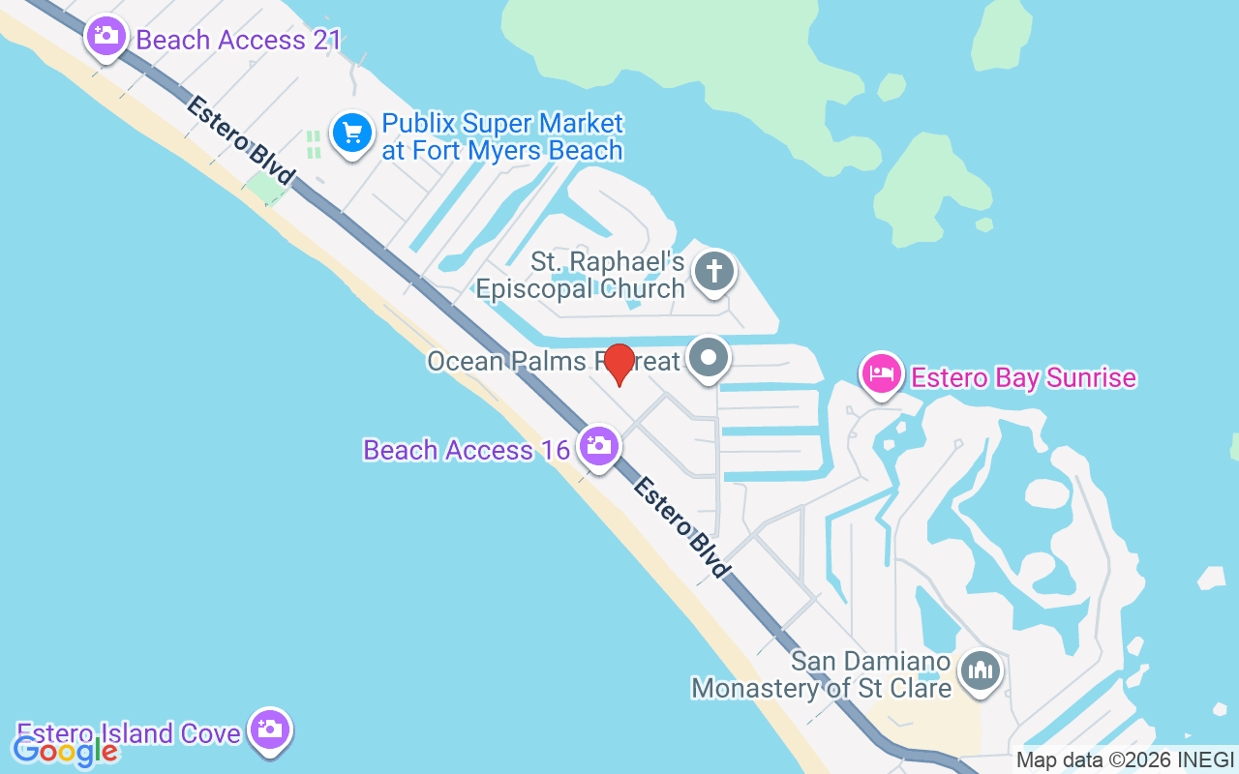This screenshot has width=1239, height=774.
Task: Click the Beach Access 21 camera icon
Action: [x=106, y=38]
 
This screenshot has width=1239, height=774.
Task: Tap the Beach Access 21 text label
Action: [x=238, y=40]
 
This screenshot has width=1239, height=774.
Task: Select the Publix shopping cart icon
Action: [x=352, y=133]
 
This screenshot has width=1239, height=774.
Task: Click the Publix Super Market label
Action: [x=502, y=137]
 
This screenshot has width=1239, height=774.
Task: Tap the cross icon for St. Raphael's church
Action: [x=714, y=271]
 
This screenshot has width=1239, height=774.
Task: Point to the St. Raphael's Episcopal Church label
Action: [x=581, y=275]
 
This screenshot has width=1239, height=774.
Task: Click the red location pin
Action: [x=619, y=365]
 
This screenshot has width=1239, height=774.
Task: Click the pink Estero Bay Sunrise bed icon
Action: [x=881, y=372]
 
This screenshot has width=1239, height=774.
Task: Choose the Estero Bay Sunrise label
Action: [x=1023, y=377]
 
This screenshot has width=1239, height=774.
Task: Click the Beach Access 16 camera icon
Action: [x=599, y=446]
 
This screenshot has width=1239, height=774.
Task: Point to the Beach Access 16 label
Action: [x=466, y=450]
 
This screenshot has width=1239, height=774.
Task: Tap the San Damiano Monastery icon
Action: [x=981, y=670]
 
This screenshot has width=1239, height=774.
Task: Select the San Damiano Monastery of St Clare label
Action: [x=821, y=675]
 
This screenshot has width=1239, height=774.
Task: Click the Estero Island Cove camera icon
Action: [x=269, y=729]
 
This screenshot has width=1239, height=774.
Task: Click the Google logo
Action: [x=65, y=750]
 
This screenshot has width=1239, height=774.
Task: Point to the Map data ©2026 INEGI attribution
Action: [x=1125, y=760]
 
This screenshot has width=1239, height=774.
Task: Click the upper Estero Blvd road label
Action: [x=240, y=140]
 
